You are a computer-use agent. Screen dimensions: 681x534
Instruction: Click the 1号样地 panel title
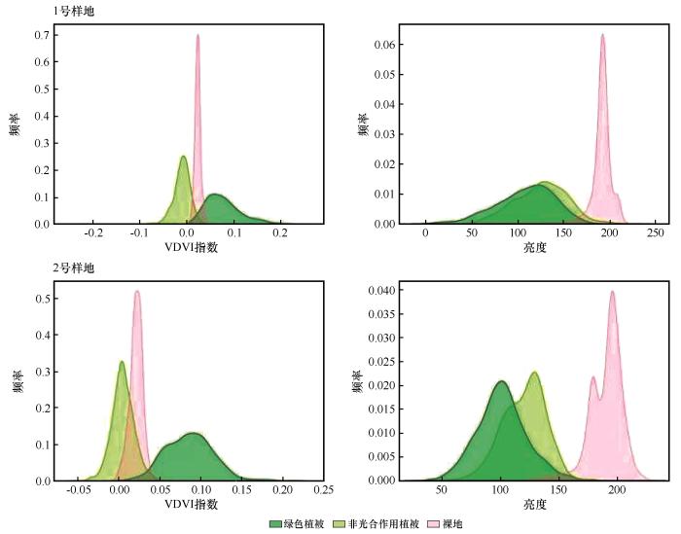click(x=73, y=12)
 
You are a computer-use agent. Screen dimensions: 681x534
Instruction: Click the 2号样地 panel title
click(x=73, y=268)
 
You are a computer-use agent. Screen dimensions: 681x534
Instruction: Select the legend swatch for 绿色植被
click(x=275, y=524)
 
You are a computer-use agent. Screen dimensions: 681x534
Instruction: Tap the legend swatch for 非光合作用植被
click(x=339, y=524)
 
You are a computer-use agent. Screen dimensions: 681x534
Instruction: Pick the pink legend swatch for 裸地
click(x=434, y=524)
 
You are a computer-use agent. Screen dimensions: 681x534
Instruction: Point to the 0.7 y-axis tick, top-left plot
click(x=43, y=35)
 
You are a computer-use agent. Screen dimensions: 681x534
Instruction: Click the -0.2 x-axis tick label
click(x=93, y=232)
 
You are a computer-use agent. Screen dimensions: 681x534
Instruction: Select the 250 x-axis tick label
click(x=656, y=232)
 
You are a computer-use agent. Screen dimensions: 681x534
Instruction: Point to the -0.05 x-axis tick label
click(x=78, y=489)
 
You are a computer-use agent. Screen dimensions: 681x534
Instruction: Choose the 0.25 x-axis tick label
click(x=324, y=489)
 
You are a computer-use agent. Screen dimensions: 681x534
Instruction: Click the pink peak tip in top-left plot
click(x=197, y=35)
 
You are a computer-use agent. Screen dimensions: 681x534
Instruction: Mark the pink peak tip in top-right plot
click(x=603, y=34)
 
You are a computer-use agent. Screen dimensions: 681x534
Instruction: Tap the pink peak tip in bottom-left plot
click(x=137, y=291)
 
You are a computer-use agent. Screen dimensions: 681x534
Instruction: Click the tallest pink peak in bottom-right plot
click(x=613, y=291)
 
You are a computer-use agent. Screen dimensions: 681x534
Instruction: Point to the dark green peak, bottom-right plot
click(x=502, y=381)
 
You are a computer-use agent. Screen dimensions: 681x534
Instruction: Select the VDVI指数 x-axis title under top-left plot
click(x=191, y=247)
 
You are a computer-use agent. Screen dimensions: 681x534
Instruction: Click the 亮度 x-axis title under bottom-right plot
click(x=535, y=505)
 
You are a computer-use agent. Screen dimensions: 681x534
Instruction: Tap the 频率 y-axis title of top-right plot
click(x=363, y=125)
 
